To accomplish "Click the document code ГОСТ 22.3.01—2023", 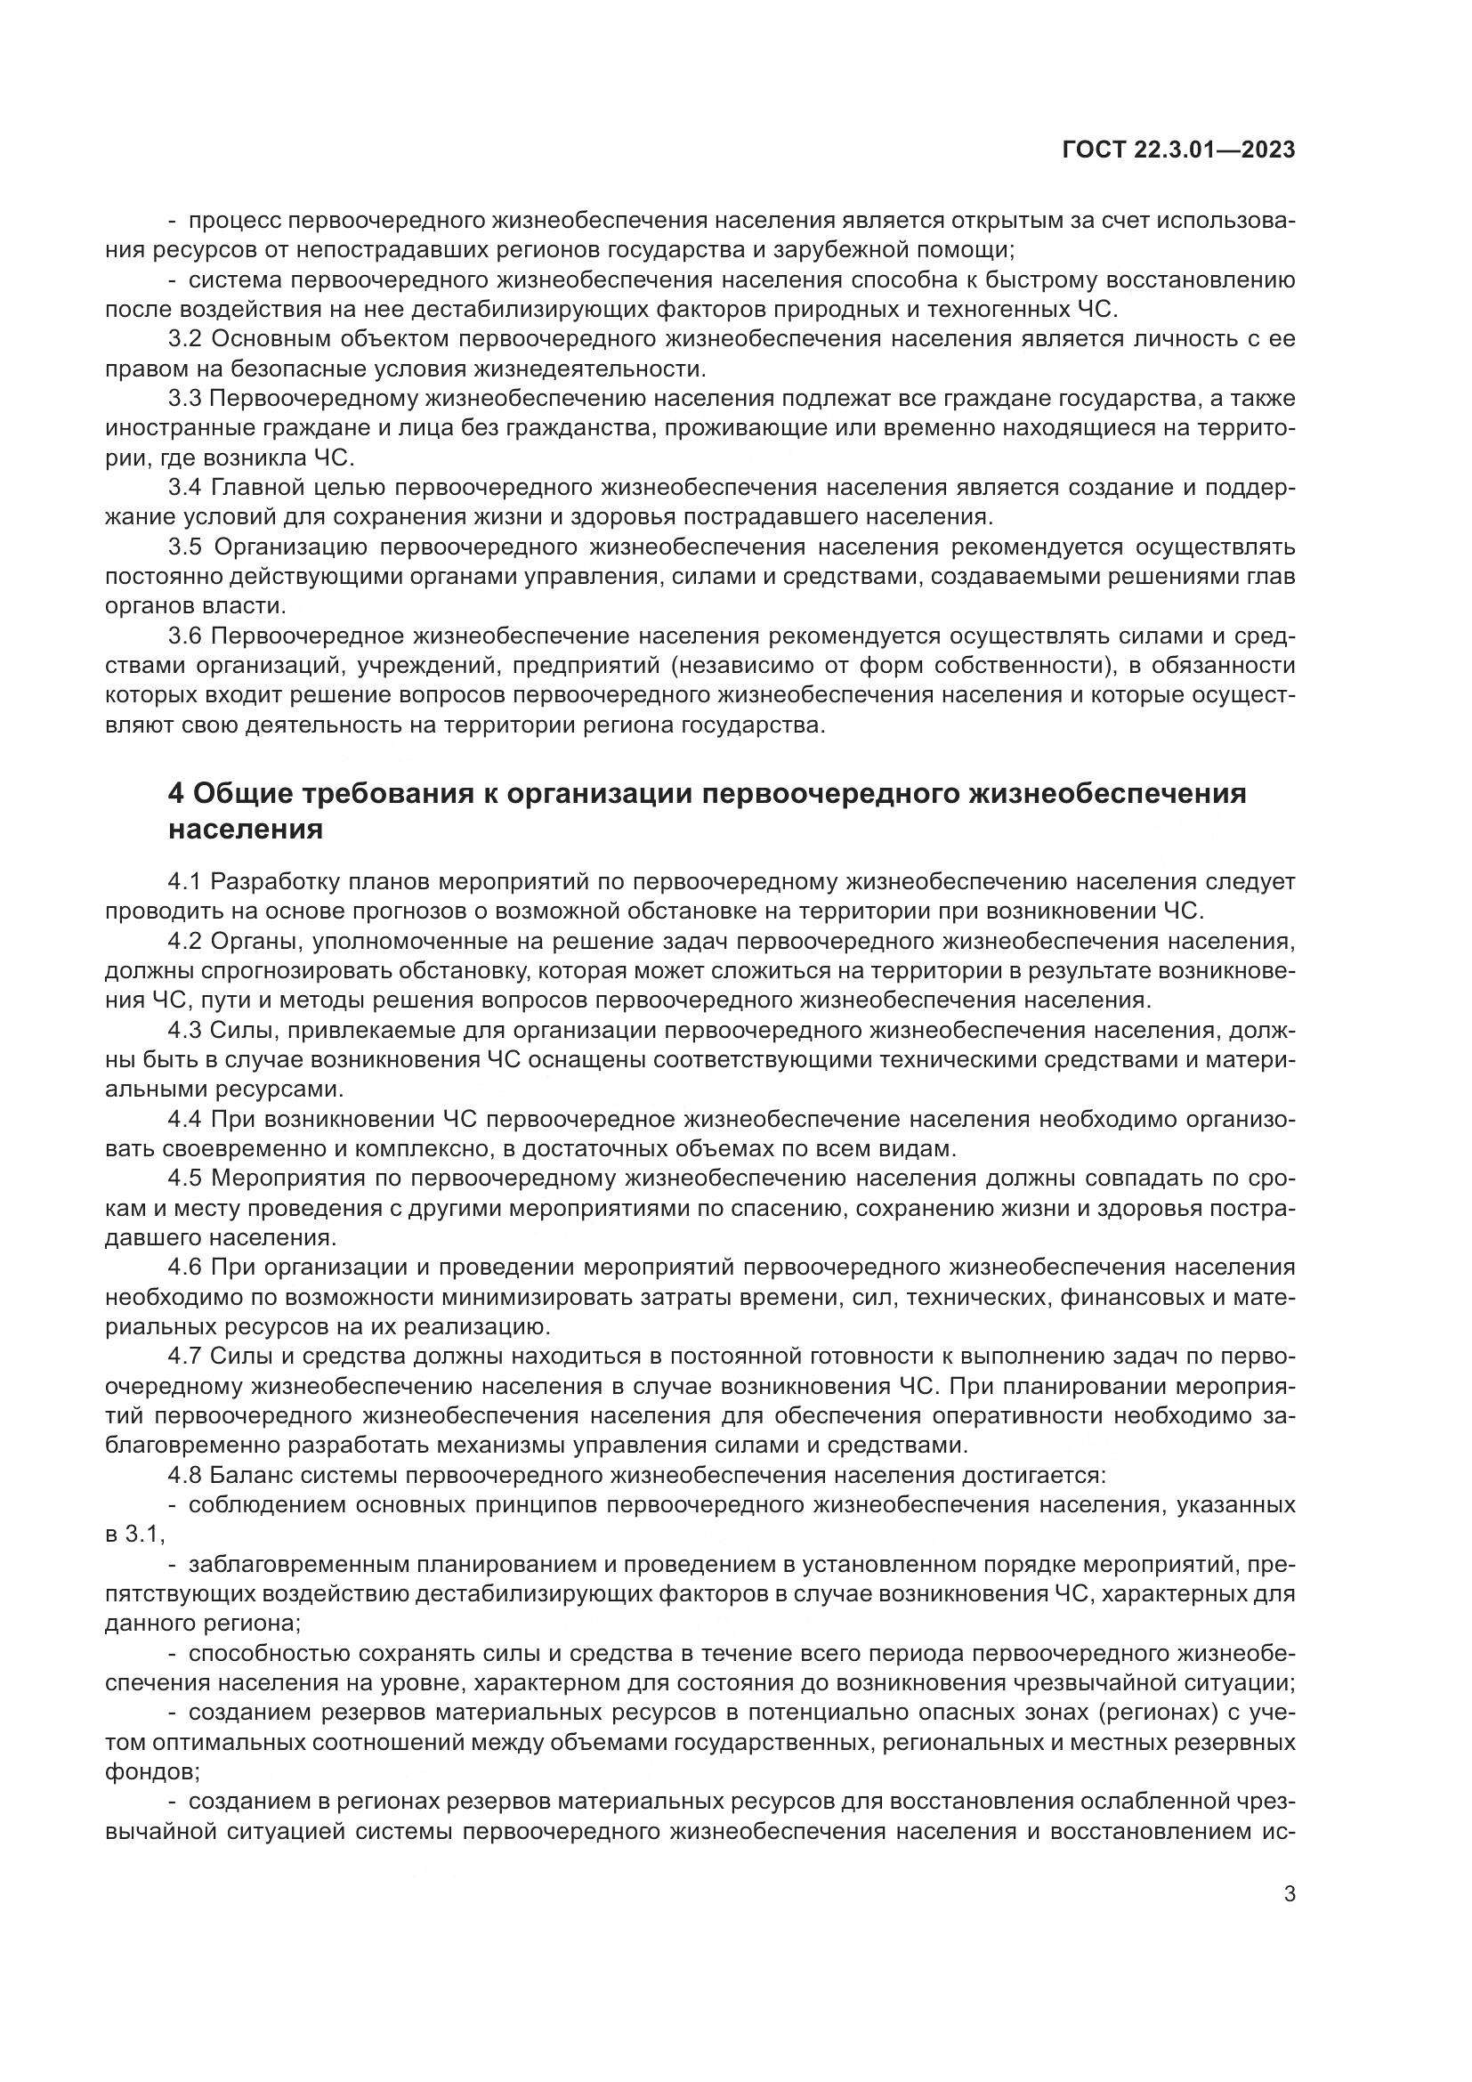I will pos(1177,150).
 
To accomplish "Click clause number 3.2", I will pos(185,339).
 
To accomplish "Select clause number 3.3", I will pos(185,398).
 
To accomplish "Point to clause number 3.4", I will pos(185,488).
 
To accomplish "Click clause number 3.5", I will pos(185,547).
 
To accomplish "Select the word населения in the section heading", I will pos(246,829).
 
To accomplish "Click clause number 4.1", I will pos(185,881).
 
